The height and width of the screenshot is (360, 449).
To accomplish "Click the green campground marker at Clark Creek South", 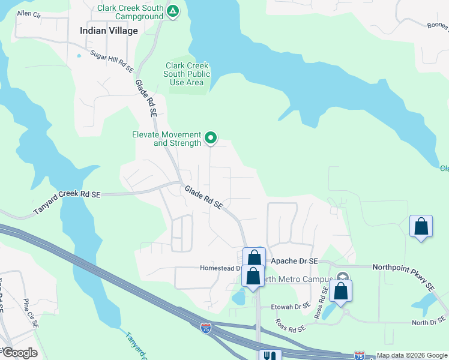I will pos(173,11).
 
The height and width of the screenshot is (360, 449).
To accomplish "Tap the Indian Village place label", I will pos(109,31).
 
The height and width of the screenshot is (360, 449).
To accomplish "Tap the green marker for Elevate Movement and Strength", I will pos(211,139).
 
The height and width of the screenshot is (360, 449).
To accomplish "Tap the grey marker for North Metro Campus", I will pos(343,277).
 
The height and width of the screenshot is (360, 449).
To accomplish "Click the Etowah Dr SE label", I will pos(291,306).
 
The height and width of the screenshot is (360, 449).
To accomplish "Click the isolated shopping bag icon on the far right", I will pos(421,227).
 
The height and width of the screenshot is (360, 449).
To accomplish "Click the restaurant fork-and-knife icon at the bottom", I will pos(268,356).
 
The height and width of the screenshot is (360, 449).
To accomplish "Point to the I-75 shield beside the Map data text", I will pos(360,355).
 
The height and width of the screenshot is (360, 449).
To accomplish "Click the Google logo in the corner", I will pos(19,352).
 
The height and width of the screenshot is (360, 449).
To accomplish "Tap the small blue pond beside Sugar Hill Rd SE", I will pos(79,56).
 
